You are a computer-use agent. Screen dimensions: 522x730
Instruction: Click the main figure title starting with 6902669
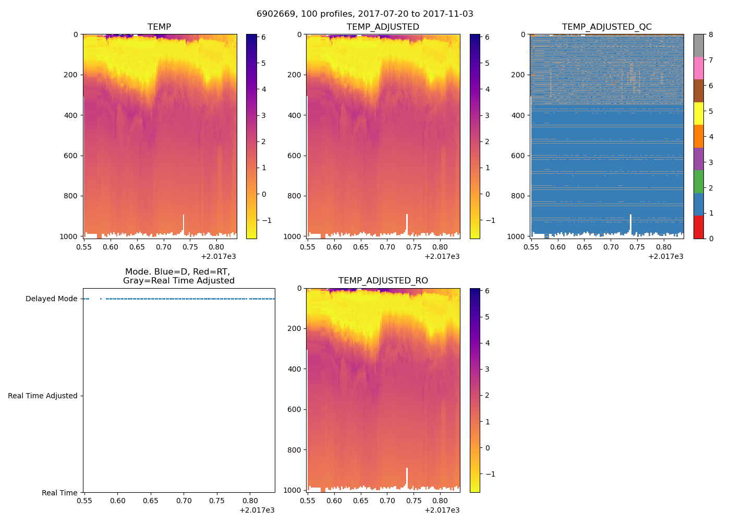coord(365,14)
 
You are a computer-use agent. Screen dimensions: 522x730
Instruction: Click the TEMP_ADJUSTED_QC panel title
coord(606,27)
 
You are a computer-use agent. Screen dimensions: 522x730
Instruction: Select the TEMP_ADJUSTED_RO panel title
coord(383,281)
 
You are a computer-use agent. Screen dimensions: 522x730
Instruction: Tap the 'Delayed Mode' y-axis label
coord(51,299)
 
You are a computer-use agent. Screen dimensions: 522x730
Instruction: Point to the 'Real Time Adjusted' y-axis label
coord(43,396)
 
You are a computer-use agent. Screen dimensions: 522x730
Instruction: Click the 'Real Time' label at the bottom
coord(59,493)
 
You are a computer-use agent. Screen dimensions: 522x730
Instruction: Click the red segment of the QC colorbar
coord(698,227)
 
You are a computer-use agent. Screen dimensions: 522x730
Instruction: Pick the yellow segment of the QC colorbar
coord(698,113)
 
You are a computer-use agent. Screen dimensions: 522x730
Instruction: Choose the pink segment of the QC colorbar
coord(698,68)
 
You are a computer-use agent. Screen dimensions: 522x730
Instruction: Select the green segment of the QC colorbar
coord(698,182)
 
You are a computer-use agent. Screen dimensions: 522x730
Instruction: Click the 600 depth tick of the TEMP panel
coord(72,156)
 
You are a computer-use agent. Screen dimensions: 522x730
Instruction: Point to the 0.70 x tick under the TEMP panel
coord(164,247)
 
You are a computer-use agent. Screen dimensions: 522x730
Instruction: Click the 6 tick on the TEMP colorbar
coord(263,37)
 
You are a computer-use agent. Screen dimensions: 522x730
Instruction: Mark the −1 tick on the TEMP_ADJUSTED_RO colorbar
coord(488,474)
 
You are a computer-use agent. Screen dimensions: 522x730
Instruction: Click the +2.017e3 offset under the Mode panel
coord(257,510)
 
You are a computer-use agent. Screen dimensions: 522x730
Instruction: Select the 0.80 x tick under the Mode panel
coord(250,501)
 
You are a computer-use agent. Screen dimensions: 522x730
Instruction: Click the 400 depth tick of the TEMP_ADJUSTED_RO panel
coord(295,369)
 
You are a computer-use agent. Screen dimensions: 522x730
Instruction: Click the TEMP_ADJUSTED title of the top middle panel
coord(383,27)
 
